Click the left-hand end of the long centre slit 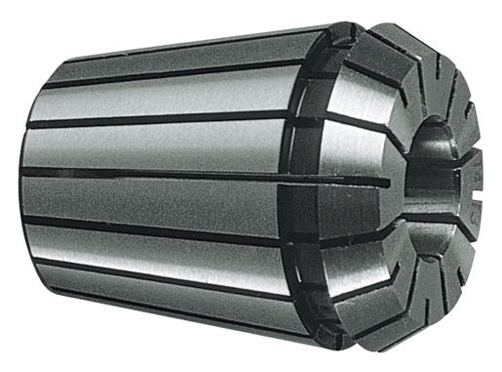(24, 171)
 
